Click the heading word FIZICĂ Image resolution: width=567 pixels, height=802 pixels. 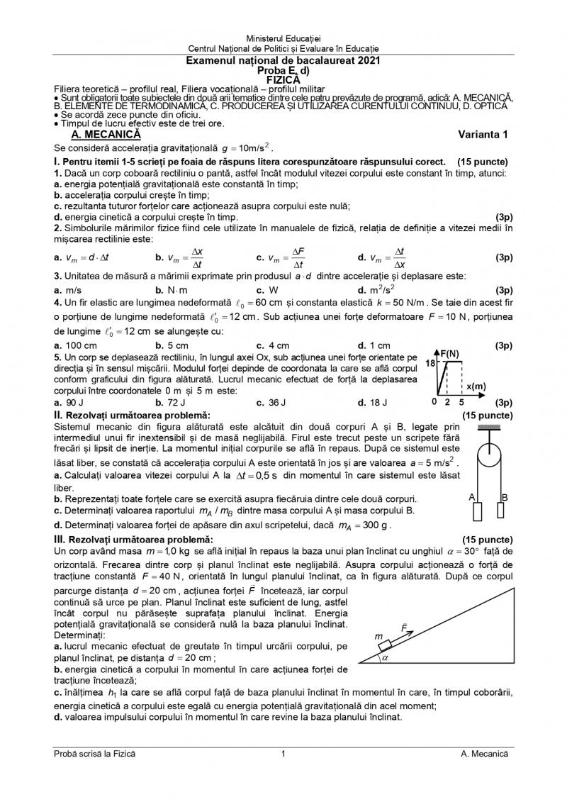click(283, 80)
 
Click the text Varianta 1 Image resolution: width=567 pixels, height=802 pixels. click(483, 134)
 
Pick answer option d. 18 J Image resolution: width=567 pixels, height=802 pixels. click(374, 402)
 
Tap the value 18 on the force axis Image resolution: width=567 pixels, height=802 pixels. click(430, 363)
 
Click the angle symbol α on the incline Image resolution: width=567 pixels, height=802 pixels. click(386, 657)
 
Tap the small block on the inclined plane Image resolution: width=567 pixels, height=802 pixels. click(384, 644)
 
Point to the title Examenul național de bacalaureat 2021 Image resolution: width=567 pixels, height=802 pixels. click(283, 62)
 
